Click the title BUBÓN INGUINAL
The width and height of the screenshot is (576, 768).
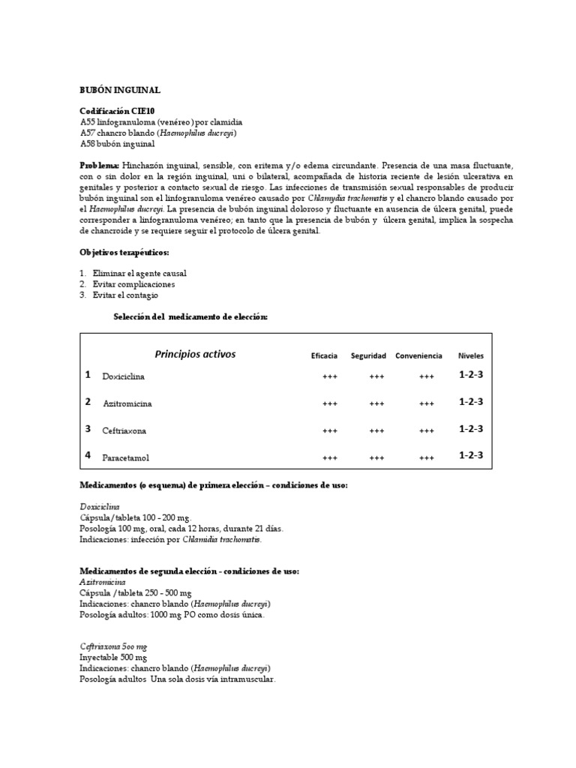click(x=120, y=90)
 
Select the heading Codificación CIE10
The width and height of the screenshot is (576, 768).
click(x=118, y=111)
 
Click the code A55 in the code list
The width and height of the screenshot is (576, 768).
click(x=87, y=121)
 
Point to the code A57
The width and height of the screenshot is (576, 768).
click(x=87, y=133)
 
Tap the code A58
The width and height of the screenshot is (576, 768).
click(x=87, y=143)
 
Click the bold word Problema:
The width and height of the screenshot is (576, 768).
click(x=100, y=165)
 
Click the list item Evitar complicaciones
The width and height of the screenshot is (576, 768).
click(x=133, y=284)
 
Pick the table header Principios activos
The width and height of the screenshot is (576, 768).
click(x=195, y=354)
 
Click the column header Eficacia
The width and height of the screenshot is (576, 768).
click(x=324, y=355)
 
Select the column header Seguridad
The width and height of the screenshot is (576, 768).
click(x=368, y=355)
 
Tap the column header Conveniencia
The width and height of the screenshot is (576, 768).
click(x=418, y=355)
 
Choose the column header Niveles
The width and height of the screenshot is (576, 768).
click(x=471, y=355)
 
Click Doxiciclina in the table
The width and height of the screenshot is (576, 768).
click(x=124, y=376)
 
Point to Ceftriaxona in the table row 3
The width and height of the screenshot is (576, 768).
click(x=125, y=431)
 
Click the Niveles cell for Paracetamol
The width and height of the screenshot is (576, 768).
click(x=471, y=455)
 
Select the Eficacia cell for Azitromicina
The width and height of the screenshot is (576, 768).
click(x=329, y=403)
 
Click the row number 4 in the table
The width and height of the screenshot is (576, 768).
click(x=88, y=455)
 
